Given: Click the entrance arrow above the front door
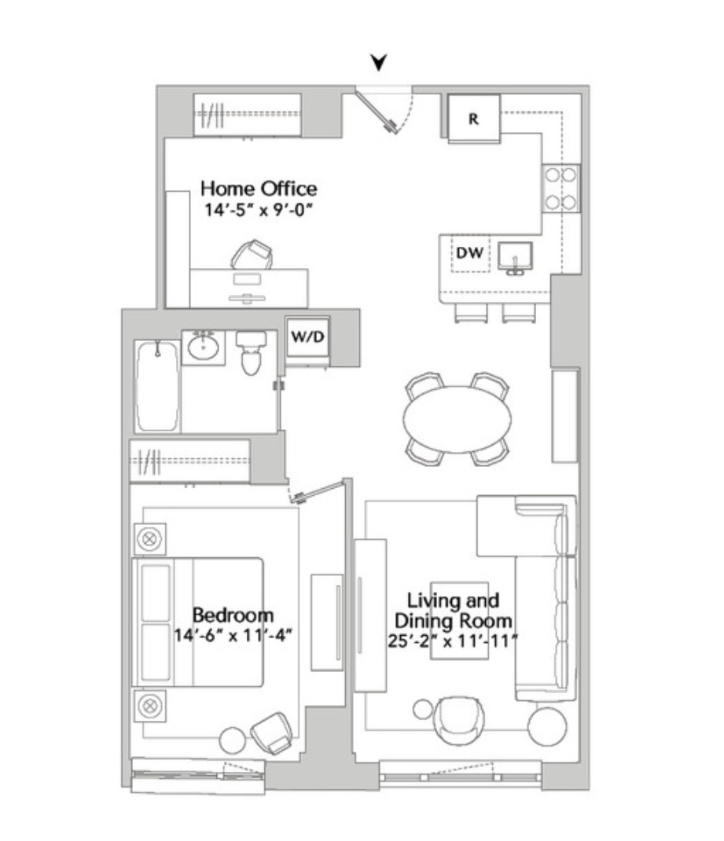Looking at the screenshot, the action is pyautogui.click(x=379, y=62).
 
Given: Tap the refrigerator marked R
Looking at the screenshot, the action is pyautogui.click(x=474, y=119).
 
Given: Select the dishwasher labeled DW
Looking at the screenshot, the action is pyautogui.click(x=470, y=253).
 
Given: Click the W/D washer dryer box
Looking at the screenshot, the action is pyautogui.click(x=308, y=337).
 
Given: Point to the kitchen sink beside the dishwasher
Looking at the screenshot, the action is pyautogui.click(x=515, y=257).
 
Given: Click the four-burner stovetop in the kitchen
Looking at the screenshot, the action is pyautogui.click(x=561, y=189).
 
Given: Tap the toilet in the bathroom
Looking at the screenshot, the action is pyautogui.click(x=251, y=352).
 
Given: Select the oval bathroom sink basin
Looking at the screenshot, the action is pyautogui.click(x=204, y=347).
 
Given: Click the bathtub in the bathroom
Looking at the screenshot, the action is pyautogui.click(x=157, y=386).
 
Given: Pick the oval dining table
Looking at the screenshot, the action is pyautogui.click(x=457, y=419).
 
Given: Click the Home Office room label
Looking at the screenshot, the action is pyautogui.click(x=259, y=189).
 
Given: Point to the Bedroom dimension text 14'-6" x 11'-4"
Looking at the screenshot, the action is pyautogui.click(x=233, y=636).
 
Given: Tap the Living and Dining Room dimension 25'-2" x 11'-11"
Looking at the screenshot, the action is pyautogui.click(x=453, y=641).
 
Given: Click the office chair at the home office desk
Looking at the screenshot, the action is pyautogui.click(x=252, y=255).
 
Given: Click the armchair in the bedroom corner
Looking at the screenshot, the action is pyautogui.click(x=273, y=733).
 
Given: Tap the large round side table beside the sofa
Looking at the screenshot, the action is pyautogui.click(x=547, y=727).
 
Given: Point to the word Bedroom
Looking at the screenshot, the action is pyautogui.click(x=233, y=615).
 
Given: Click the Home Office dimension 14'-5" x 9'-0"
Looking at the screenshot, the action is pyautogui.click(x=258, y=210).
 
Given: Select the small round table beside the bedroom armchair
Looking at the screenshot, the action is pyautogui.click(x=233, y=740).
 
